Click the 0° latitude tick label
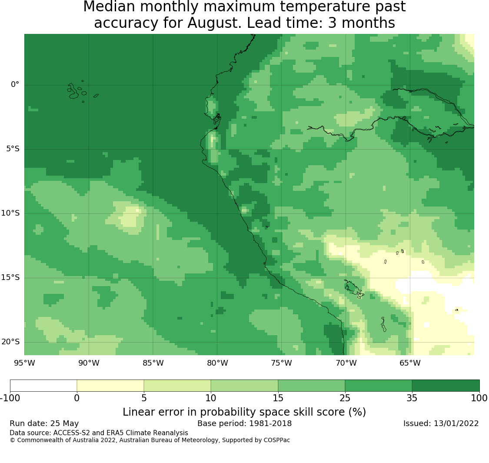pyautogui.click(x=15, y=84)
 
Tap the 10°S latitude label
pyautogui.click(x=10, y=213)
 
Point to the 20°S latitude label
pyautogui.click(x=10, y=342)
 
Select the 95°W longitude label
pyautogui.click(x=24, y=363)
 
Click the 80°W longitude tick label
pyautogui.click(x=217, y=363)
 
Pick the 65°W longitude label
pyautogui.click(x=410, y=363)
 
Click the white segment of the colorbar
pyautogui.click(x=43, y=386)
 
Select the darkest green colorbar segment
pyautogui.click(x=446, y=386)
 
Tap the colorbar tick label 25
pyautogui.click(x=345, y=398)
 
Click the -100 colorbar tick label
pyautogui.click(x=10, y=398)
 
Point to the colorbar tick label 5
pyautogui.click(x=144, y=398)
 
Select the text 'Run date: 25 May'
pyautogui.click(x=44, y=423)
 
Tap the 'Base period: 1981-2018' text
pyautogui.click(x=244, y=423)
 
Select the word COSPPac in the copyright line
pyautogui.click(x=276, y=440)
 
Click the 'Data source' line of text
pyautogui.click(x=99, y=433)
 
